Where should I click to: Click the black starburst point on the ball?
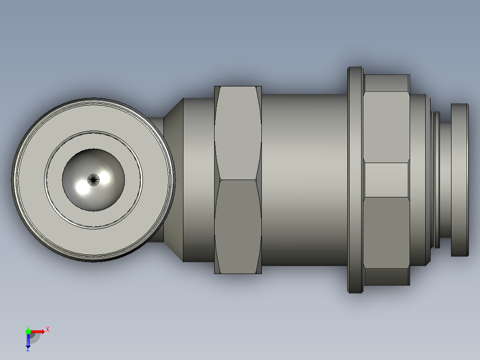point(94,180)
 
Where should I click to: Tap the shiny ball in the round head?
point(94,180)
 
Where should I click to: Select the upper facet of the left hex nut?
point(238,133)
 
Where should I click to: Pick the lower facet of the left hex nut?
point(238,227)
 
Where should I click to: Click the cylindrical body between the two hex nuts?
point(305,180)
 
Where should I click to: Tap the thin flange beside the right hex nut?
point(355,180)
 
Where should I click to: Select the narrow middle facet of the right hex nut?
point(386,180)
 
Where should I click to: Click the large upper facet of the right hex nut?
point(386,127)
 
